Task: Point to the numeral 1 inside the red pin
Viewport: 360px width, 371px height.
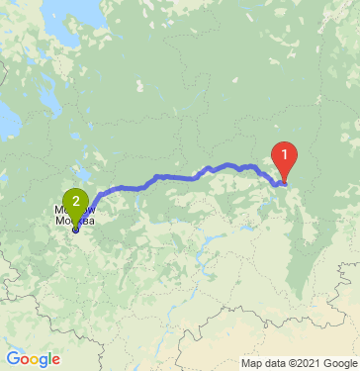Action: tap(285, 154)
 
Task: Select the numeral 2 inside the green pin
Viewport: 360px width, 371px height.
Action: tap(75, 199)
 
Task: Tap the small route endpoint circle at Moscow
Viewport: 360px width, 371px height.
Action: tap(75, 229)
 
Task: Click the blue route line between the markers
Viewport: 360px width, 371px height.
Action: tap(178, 176)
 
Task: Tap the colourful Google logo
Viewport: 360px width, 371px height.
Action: tap(33, 358)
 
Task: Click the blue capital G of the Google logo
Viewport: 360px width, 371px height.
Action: tap(12, 358)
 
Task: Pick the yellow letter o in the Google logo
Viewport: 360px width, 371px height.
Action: tap(36, 359)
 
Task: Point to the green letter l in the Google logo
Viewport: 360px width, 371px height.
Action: tap(51, 358)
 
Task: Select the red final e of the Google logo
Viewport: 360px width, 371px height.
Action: tap(57, 359)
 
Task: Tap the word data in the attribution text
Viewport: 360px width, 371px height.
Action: tap(260, 362)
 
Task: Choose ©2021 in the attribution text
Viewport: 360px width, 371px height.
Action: tap(294, 362)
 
